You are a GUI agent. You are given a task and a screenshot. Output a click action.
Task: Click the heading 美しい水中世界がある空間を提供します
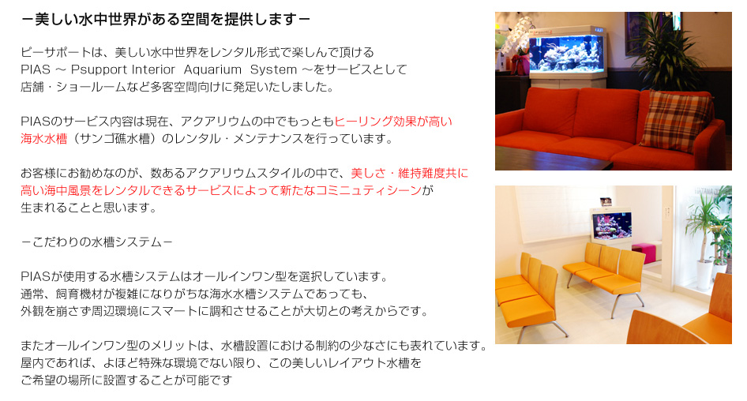(167, 20)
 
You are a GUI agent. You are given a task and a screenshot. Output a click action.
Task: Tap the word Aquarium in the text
(213, 69)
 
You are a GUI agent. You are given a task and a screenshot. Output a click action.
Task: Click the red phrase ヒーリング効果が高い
(393, 122)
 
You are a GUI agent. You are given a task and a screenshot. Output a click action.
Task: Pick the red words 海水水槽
(44, 139)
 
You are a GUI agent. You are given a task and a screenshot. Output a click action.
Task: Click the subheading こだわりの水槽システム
(97, 242)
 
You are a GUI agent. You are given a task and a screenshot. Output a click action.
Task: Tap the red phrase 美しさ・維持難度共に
(410, 173)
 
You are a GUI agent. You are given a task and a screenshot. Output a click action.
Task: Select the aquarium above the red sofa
(566, 54)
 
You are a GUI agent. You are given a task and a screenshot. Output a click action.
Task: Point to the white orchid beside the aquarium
(518, 34)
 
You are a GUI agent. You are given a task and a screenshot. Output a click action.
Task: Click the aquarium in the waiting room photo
(612, 227)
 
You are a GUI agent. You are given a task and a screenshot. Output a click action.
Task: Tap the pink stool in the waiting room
(646, 252)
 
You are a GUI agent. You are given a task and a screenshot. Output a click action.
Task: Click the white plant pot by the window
(704, 275)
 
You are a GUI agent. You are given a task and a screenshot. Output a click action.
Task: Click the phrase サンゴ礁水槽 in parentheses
(114, 139)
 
